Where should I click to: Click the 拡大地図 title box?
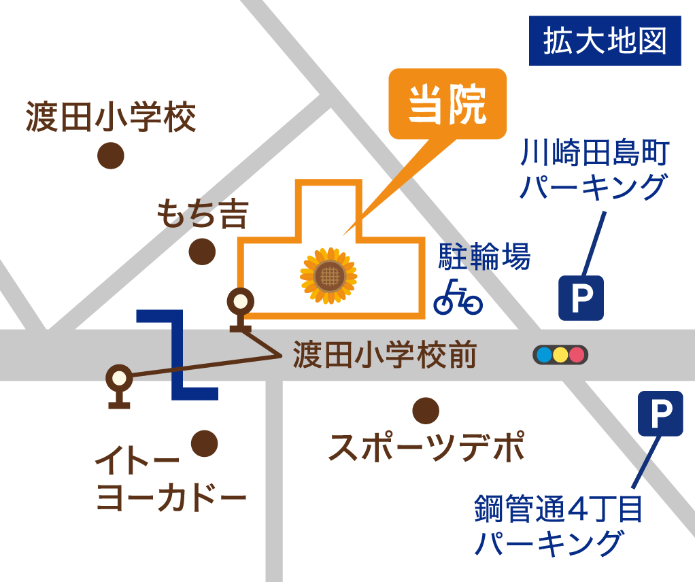point(605,41)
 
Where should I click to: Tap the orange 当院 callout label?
point(447,104)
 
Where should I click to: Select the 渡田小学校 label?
point(111,117)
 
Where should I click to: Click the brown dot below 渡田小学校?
point(111,156)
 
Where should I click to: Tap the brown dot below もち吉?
point(202,252)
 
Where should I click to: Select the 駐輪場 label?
point(484,258)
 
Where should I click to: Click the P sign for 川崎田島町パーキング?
point(581,298)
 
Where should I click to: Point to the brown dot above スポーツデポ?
point(426,410)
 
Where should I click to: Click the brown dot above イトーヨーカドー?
point(204,444)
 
